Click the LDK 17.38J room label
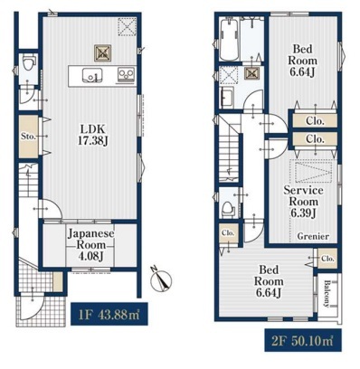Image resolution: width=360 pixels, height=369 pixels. (92, 135)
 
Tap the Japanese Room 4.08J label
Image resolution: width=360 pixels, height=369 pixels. (90, 244)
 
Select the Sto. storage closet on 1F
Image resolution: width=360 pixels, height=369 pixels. (29, 137)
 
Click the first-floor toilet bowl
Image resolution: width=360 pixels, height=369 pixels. (29, 62)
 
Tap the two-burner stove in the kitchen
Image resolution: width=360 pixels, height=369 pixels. (127, 74)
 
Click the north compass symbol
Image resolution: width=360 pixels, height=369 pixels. (161, 279)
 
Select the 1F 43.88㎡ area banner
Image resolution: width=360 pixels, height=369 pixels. (109, 314)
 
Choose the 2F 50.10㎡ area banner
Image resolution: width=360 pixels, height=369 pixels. (303, 340)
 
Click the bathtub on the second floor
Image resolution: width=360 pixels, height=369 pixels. (230, 39)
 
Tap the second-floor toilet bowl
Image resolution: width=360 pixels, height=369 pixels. (228, 209)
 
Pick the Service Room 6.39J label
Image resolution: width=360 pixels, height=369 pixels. (303, 202)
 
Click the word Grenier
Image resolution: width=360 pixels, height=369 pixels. (313, 236)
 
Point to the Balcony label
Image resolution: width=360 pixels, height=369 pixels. (327, 293)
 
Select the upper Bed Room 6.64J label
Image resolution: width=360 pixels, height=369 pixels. (302, 61)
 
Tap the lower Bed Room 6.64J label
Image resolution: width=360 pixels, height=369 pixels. (269, 281)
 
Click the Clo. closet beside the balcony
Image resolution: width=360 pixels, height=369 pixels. (327, 259)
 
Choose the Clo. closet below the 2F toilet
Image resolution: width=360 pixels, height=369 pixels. (228, 233)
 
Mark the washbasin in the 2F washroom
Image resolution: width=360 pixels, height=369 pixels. (227, 98)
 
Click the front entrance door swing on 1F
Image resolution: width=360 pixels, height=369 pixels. (33, 307)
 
